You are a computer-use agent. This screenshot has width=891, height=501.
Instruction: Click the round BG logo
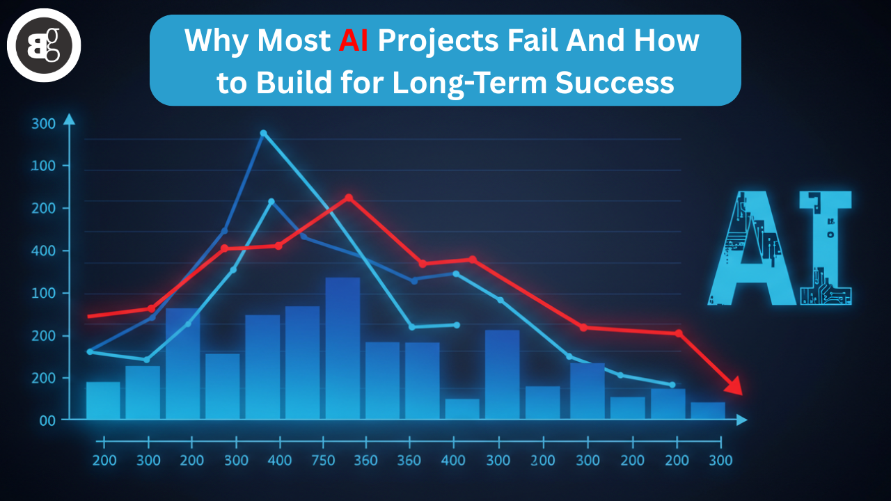coord(44,45)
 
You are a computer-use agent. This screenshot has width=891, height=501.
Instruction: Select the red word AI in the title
coord(353,40)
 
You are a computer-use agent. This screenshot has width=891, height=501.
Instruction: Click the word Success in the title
coord(615,83)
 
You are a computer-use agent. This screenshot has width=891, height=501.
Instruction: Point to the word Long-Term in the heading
coord(470,83)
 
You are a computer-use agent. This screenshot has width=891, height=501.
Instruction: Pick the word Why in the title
coord(216,41)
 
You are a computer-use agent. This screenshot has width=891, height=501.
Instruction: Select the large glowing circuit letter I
coord(826,248)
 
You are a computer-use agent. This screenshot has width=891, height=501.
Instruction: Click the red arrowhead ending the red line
coord(734,386)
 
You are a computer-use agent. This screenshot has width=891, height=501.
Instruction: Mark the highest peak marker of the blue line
coord(263,133)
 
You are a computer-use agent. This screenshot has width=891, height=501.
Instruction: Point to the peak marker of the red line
coord(349,198)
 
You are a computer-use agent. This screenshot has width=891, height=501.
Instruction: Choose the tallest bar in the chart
coord(343,349)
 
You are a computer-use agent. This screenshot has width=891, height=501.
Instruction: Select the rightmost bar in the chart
coord(708,411)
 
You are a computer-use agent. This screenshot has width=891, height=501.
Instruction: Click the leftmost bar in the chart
coord(103,400)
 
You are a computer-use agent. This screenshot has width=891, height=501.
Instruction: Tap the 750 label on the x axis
coord(323,461)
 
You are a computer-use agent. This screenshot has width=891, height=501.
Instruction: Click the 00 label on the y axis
coord(47,421)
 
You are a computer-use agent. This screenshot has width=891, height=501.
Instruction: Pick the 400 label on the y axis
coord(43,251)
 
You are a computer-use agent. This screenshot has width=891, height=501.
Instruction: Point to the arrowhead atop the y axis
coord(69,119)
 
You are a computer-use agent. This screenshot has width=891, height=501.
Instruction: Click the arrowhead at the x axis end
coord(742,420)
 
